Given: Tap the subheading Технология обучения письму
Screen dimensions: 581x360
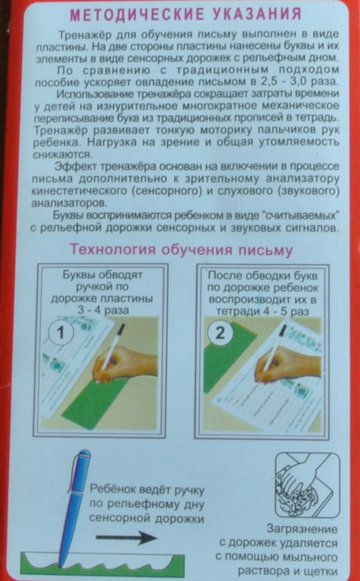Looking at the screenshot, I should pyautogui.click(x=182, y=249).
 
